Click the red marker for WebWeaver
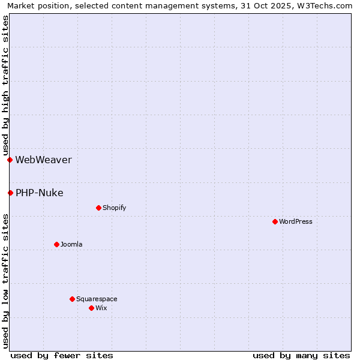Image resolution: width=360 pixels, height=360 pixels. pyautogui.click(x=10, y=160)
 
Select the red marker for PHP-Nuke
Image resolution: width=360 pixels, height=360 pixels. pyautogui.click(x=10, y=193)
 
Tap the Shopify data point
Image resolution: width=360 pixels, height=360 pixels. pyautogui.click(x=98, y=208)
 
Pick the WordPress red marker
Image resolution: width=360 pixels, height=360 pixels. pyautogui.click(x=275, y=221)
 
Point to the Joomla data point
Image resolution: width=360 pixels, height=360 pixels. pyautogui.click(x=56, y=244)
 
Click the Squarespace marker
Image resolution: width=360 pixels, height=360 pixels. pyautogui.click(x=72, y=299)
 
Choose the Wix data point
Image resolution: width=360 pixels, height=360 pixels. pyautogui.click(x=91, y=308)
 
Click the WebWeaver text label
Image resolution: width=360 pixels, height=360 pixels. pyautogui.click(x=43, y=160)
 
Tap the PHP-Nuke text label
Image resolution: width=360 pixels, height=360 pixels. pyautogui.click(x=39, y=193)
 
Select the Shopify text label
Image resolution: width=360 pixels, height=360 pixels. pyautogui.click(x=114, y=208)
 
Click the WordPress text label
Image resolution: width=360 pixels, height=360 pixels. pyautogui.click(x=295, y=221)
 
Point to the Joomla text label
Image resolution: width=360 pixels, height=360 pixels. pyautogui.click(x=71, y=244)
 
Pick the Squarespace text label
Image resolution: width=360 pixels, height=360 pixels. pyautogui.click(x=97, y=299)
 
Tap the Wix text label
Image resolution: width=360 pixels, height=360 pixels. pyautogui.click(x=101, y=308)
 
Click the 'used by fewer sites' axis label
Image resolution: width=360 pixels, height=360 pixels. pyautogui.click(x=62, y=355)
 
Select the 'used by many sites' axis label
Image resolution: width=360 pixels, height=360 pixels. pyautogui.click(x=301, y=355)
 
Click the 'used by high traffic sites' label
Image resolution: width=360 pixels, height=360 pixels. pyautogui.click(x=5, y=85)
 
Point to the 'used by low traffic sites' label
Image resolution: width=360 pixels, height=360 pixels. pyautogui.click(x=5, y=280)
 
